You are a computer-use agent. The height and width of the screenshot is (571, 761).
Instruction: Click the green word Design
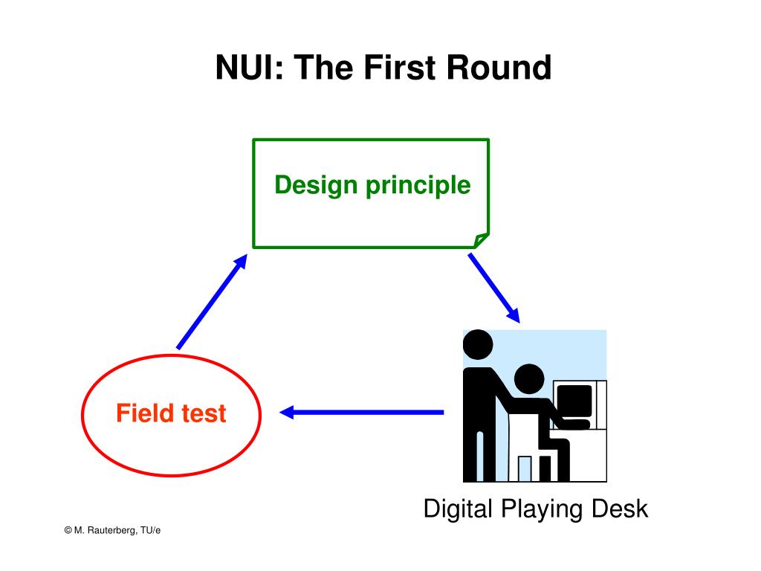tap(316, 185)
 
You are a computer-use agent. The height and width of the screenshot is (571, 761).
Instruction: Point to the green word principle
tap(418, 186)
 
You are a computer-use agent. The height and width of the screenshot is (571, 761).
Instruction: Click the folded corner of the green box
tap(481, 240)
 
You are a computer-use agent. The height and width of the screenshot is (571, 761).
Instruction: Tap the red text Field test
tap(171, 413)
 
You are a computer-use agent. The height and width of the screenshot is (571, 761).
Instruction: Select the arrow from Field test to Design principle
tap(212, 302)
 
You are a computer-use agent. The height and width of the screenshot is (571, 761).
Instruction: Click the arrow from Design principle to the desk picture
tap(494, 288)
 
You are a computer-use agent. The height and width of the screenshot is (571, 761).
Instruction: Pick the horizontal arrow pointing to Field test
tap(362, 412)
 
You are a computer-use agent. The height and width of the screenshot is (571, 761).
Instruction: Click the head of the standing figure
tap(478, 345)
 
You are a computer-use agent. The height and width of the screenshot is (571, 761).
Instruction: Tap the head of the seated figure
tap(529, 378)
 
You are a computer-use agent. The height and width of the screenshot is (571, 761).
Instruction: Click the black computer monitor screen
tap(574, 401)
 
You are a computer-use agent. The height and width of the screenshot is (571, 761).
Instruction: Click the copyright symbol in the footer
tap(68, 530)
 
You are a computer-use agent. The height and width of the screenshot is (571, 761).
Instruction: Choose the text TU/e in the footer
tap(150, 530)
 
